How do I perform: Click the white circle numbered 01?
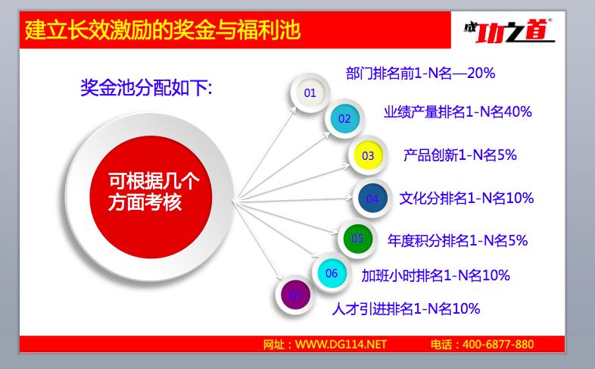coord(310,92)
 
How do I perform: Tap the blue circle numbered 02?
coord(344,119)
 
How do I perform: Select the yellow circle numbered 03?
coord(368,155)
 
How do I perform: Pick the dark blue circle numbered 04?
coord(372,199)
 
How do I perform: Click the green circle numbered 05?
coord(357,239)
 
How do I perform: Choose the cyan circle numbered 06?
coord(332,273)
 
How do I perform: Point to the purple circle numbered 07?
coord(294,296)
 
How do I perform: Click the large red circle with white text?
coord(151,197)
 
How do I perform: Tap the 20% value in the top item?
coord(481,73)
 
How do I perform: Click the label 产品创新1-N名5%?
coord(460,155)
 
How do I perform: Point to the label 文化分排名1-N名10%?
coord(466,199)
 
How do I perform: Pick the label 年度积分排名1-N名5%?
coord(458,240)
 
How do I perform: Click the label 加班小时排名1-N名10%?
coord(435,275)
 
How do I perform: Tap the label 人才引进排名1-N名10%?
coord(406,308)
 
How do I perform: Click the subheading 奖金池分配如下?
coord(146,88)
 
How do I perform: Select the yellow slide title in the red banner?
coord(163,30)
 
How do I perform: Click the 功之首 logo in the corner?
coord(509,30)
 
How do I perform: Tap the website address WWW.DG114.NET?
coord(341,344)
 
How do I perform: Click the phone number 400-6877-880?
coord(498,344)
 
